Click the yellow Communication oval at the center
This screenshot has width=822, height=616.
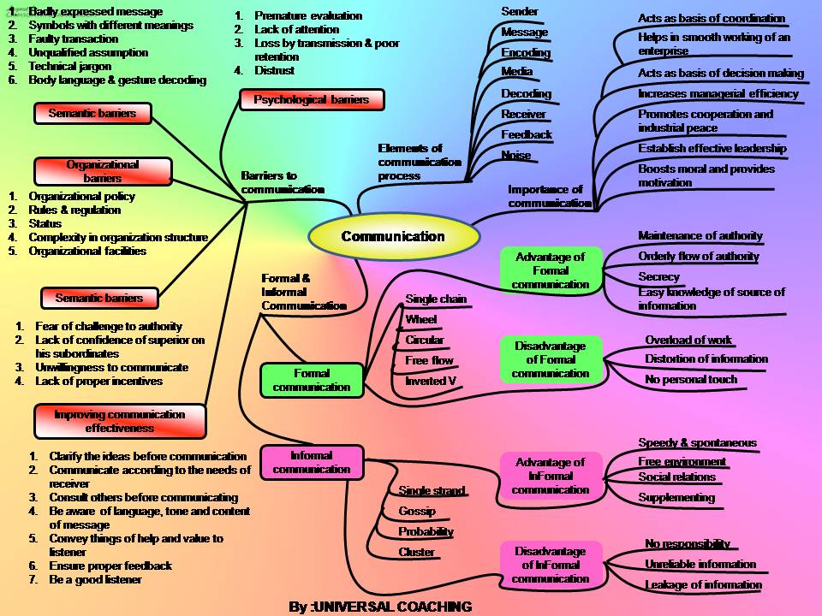click(x=393, y=237)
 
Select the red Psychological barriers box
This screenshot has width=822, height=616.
click(x=312, y=100)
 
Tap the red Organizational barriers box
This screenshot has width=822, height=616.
click(x=103, y=171)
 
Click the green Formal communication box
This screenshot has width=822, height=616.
click(x=312, y=380)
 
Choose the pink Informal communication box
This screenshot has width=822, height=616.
click(x=312, y=462)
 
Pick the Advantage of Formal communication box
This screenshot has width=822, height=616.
click(x=551, y=270)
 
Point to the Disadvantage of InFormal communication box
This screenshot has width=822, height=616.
click(x=551, y=565)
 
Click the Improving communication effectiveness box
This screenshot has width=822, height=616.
click(x=120, y=421)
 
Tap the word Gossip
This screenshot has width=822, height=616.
click(x=417, y=511)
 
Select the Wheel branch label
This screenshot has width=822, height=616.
click(x=421, y=319)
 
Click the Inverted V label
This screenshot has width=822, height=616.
click(x=431, y=381)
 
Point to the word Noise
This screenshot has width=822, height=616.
click(x=516, y=155)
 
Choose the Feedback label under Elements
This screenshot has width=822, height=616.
click(x=527, y=134)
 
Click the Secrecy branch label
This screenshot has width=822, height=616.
click(x=658, y=276)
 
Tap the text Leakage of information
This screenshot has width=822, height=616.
click(x=703, y=584)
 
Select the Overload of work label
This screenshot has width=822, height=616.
click(x=688, y=340)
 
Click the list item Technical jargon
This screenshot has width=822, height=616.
click(x=70, y=66)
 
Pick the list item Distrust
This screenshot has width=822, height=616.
click(x=274, y=70)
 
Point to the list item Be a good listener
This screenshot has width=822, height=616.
click(x=95, y=579)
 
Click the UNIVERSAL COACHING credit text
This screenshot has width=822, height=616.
click(x=380, y=607)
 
